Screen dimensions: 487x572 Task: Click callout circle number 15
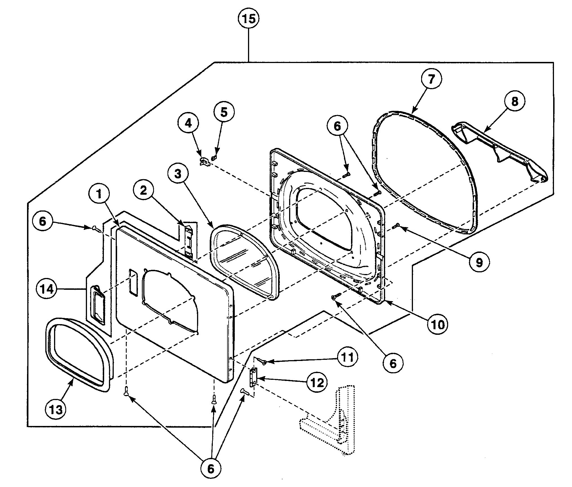[249, 19]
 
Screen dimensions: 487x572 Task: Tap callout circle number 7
[431, 79]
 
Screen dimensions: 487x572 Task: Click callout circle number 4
[188, 123]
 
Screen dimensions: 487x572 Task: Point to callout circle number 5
[224, 112]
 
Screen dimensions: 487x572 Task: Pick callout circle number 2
[144, 191]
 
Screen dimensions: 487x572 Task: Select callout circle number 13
[56, 410]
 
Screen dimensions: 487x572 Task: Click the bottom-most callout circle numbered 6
[211, 469]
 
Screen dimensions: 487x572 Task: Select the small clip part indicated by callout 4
[204, 162]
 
